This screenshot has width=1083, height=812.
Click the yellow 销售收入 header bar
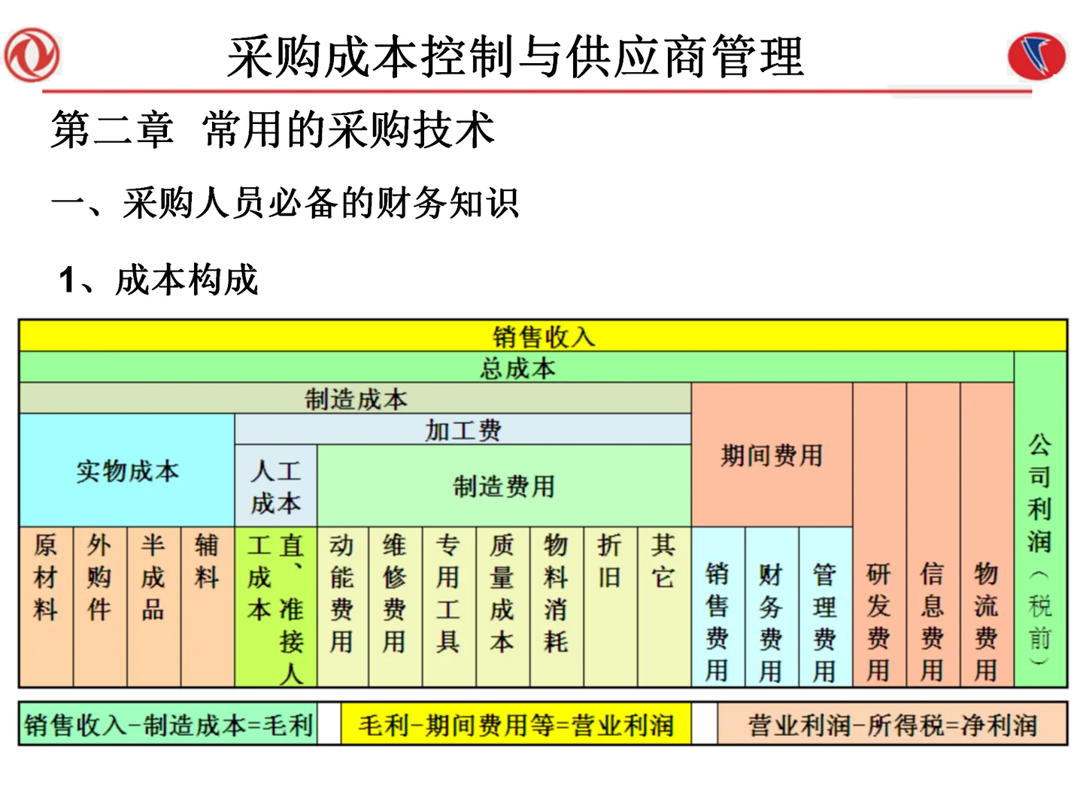click(x=543, y=336)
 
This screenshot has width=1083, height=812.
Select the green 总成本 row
click(x=517, y=368)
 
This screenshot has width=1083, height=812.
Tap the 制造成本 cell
click(x=355, y=398)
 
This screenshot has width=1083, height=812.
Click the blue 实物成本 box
click(x=127, y=471)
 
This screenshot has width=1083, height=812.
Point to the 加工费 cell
click(x=463, y=430)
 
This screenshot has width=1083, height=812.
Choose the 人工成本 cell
click(x=276, y=486)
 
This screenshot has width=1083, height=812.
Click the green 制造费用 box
click(x=503, y=486)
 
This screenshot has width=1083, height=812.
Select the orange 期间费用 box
click(x=772, y=455)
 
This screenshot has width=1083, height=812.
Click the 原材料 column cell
click(x=46, y=606)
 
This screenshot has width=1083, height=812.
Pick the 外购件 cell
click(x=99, y=606)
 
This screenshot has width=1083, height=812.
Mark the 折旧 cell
click(x=609, y=606)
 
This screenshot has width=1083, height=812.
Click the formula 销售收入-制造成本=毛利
click(x=168, y=725)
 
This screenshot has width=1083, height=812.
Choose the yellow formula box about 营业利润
click(x=516, y=725)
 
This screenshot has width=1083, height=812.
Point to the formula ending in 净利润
click(x=892, y=725)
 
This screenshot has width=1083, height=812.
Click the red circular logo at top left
click(x=32, y=56)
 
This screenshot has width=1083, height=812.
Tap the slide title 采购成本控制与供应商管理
click(x=516, y=57)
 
